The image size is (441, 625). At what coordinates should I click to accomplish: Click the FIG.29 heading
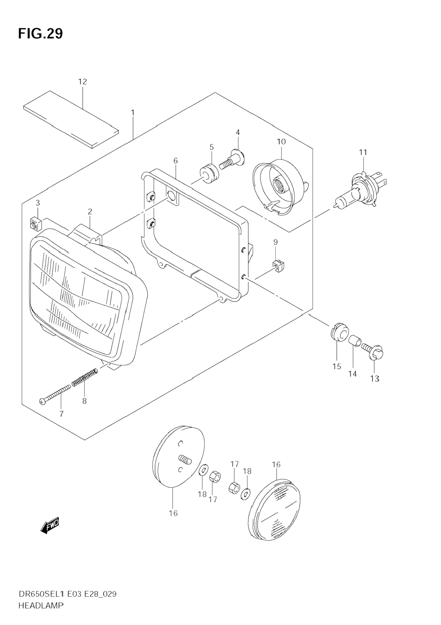click(40, 34)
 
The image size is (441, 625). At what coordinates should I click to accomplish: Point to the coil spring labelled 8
click(85, 376)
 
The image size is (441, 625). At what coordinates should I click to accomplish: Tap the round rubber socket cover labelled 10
click(278, 186)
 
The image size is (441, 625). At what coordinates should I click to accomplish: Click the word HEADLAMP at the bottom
click(41, 605)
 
